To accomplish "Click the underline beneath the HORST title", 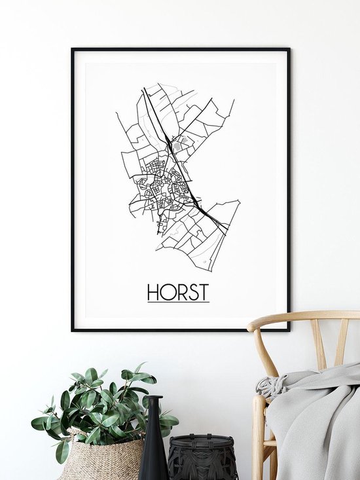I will pos(178,302).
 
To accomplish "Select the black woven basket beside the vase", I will pos(202,458).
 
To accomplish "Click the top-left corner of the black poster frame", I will pos(73,49).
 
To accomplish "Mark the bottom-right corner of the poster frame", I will pos(288,329).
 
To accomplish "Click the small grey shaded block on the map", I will pos(185,140).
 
